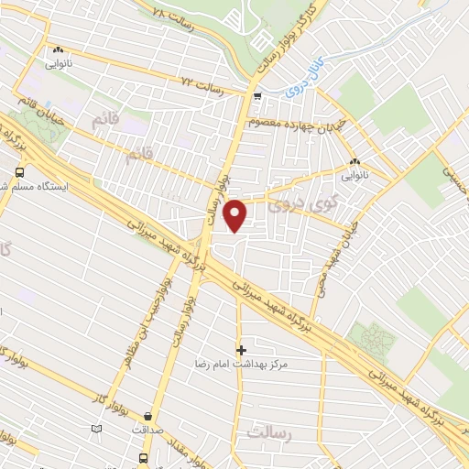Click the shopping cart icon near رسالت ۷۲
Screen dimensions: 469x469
point(257,94)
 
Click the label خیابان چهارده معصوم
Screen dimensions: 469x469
point(294,123)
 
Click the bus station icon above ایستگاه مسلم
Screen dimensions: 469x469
point(20,171)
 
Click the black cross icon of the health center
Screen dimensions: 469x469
point(242,349)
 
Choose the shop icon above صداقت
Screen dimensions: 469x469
point(148,417)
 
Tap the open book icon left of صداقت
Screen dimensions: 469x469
point(96,429)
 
